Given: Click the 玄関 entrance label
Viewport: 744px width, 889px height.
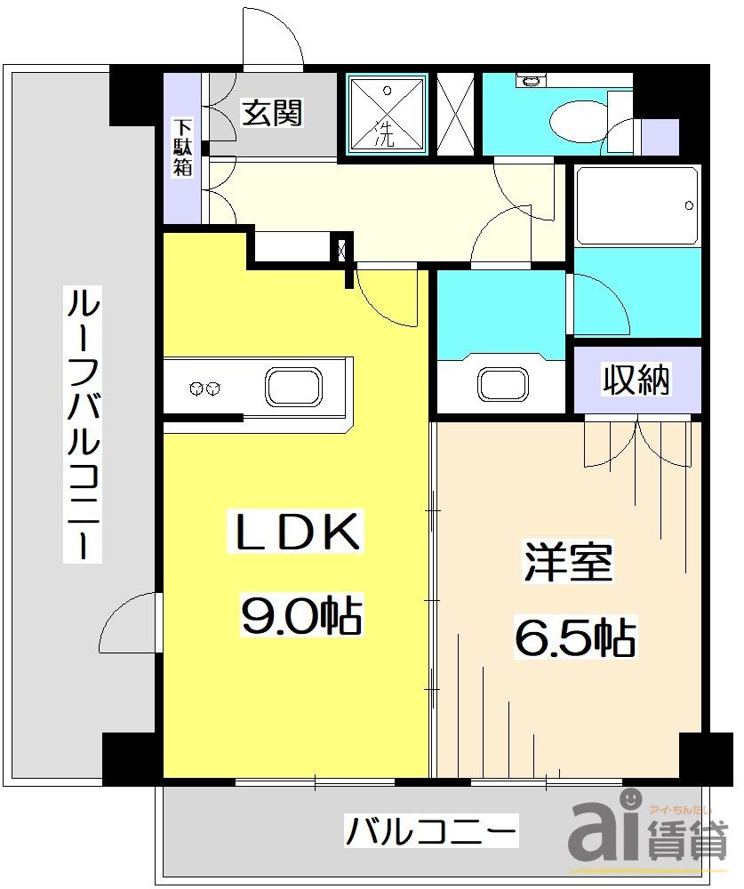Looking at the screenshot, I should click(273, 113).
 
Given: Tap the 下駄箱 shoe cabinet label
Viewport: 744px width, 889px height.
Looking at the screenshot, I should click(182, 148).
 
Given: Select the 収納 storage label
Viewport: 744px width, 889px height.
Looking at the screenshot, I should click(636, 380).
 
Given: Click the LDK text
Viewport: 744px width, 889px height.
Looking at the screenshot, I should click(296, 533).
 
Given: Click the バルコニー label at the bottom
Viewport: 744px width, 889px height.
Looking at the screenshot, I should click(430, 833).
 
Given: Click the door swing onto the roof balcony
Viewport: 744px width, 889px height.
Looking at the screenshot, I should click(129, 622).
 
